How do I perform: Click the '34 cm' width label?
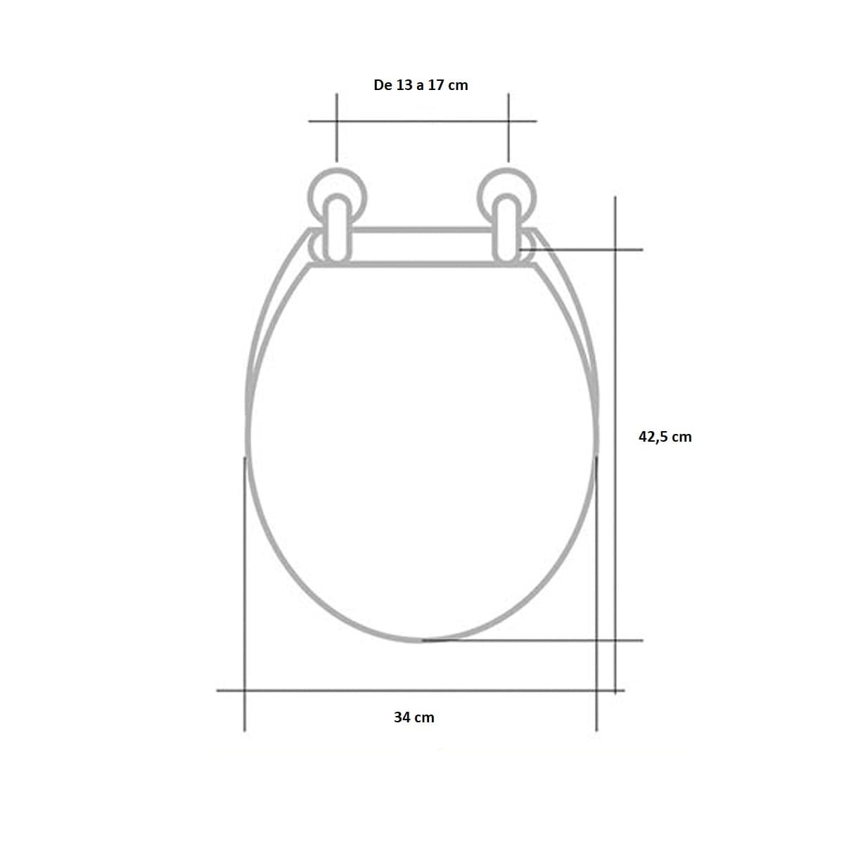click(414, 717)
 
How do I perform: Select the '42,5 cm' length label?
click(665, 437)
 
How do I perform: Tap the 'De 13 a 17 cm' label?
click(421, 85)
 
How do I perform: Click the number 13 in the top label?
click(404, 85)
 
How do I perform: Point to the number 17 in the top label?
click(436, 85)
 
